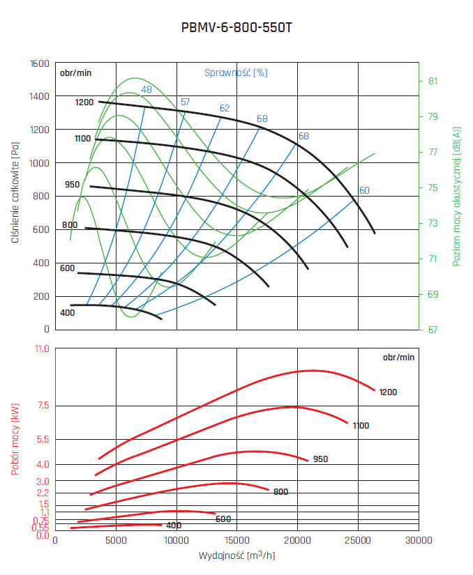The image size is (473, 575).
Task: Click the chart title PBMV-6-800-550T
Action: coord(236,29)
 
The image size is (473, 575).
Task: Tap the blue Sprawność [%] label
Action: coord(236,72)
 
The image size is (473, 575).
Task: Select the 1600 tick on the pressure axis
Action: coord(40,63)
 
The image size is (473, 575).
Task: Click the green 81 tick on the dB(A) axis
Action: coord(433,81)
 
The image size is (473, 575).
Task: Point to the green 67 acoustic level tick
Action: coord(433,330)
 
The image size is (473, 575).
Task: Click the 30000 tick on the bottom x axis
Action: coord(418,540)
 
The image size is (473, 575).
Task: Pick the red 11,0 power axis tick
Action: coord(40,348)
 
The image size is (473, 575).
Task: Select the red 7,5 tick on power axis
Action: coord(41,406)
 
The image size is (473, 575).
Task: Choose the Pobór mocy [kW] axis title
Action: coord(15,441)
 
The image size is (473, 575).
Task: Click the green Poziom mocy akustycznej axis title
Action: coord(457,196)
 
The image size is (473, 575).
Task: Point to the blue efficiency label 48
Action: coord(147,89)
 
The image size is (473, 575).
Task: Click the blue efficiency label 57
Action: coord(185,102)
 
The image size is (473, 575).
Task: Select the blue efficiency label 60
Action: coord(363,190)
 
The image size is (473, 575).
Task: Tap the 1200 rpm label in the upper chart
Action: coord(84,102)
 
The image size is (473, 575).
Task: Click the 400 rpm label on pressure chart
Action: coord(67,312)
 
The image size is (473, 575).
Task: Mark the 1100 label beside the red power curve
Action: coord(361,426)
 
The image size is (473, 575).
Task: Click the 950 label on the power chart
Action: coord(320,459)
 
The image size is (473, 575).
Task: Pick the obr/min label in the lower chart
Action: coord(398,357)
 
